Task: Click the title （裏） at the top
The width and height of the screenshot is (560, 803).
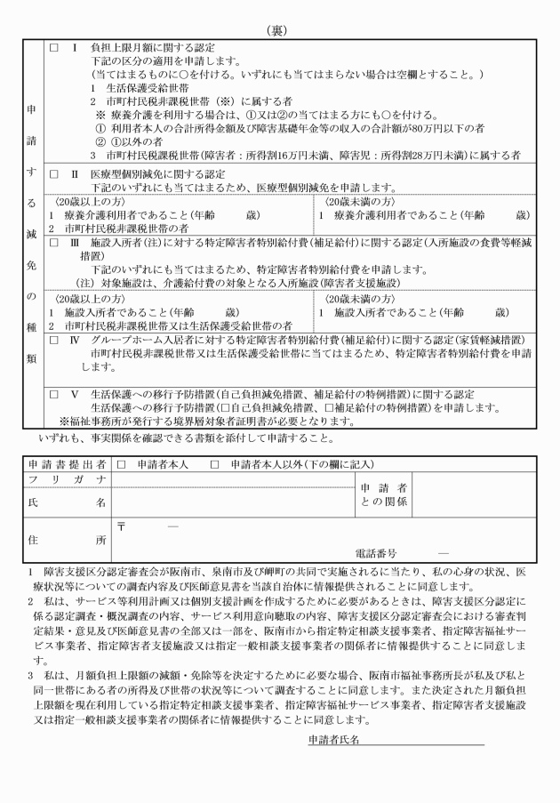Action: point(280,29)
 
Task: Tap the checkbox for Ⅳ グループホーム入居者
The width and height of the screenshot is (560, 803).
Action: point(54,341)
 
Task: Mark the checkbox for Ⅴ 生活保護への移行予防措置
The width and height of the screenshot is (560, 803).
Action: point(54,394)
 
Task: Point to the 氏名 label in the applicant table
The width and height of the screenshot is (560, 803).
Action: point(66,502)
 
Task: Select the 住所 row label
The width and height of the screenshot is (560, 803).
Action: point(66,538)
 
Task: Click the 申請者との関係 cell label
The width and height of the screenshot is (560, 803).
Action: point(384,495)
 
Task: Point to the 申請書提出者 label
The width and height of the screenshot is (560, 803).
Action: point(66,464)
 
